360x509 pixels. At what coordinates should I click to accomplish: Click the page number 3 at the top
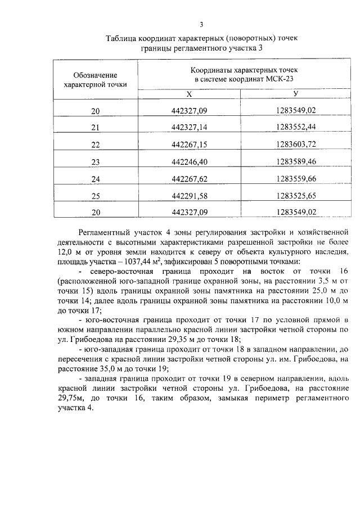click(201, 24)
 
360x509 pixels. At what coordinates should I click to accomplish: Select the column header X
click(189, 94)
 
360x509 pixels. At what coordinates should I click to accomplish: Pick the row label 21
click(96, 128)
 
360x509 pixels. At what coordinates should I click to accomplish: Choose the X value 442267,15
click(189, 145)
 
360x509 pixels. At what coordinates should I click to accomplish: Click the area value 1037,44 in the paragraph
click(145, 262)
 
